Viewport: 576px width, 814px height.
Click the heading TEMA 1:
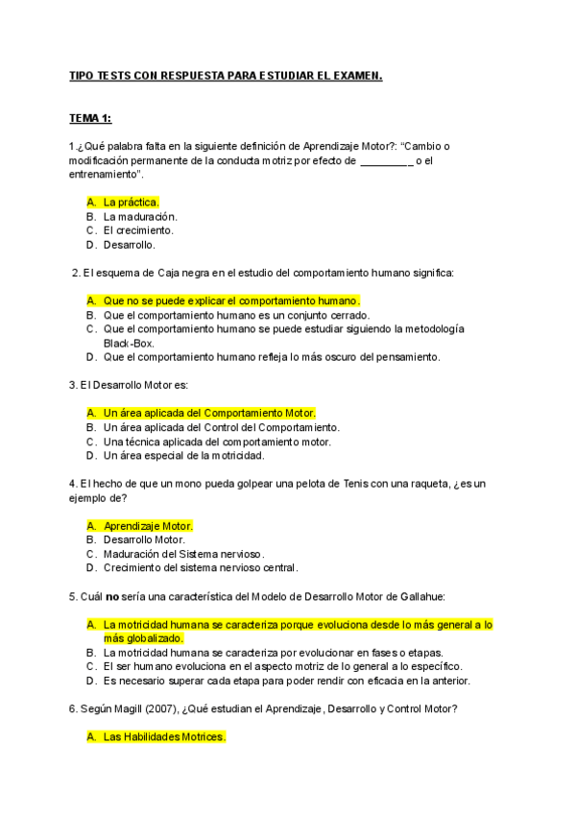coord(90,118)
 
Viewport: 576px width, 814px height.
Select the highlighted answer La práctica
coord(131,202)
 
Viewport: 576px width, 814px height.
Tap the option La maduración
coord(140,216)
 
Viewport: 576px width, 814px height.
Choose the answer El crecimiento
coord(138,230)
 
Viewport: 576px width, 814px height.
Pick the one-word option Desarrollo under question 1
coord(130,245)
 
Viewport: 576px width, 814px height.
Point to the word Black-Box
coord(129,343)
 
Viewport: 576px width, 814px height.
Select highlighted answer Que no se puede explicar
coord(230,300)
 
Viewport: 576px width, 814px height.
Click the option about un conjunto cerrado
coord(236,315)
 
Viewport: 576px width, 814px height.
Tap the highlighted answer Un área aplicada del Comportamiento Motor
coord(209,413)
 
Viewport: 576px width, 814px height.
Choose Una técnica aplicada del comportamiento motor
coord(217,442)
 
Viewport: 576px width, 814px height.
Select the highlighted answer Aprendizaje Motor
coord(148,525)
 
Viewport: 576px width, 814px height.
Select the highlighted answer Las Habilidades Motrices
coord(164,737)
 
